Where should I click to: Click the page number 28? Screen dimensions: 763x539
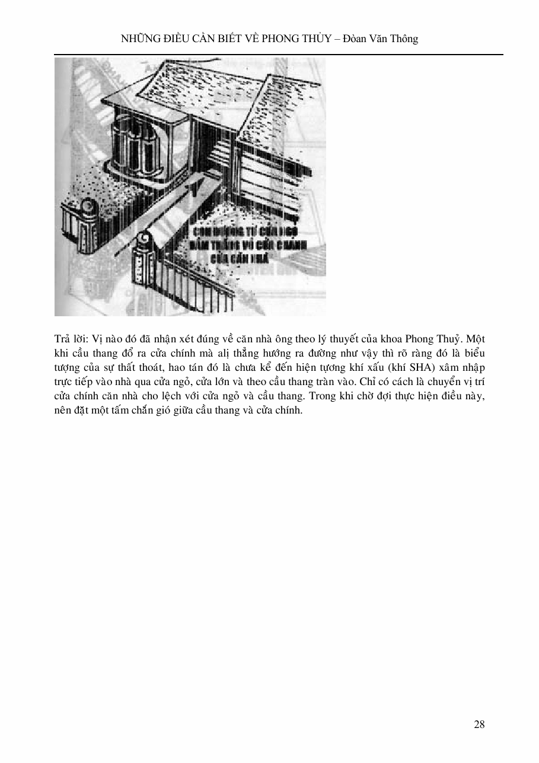(x=480, y=724)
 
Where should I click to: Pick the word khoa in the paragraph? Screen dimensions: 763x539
(x=375, y=339)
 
